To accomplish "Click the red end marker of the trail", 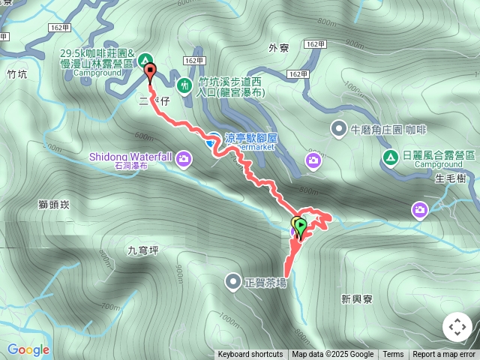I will pos(150,73).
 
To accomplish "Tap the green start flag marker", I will pos(301,224).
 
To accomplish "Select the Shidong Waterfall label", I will pos(131,157).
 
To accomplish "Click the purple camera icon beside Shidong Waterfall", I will pos(184,157).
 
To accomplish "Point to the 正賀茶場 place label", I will pos(265,283).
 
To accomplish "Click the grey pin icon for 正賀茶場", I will pos(232,282).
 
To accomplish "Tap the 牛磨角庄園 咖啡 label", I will pos(383,130).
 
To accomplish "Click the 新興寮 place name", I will pos(356,298).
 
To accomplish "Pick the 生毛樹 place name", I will pos(450,177).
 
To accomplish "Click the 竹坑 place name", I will pos(16,74).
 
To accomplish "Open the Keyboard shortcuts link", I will pos(250,354).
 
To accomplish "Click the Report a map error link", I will pos(444,354).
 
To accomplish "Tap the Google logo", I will pos(28,349).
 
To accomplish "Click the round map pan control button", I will pos(457,327).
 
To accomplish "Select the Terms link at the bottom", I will pos(393,354).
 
